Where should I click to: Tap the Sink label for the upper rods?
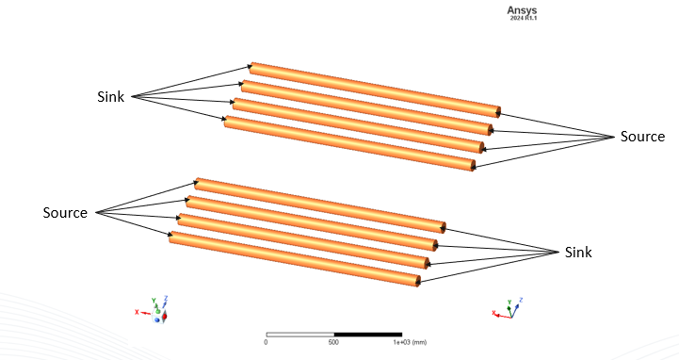(x=115, y=96)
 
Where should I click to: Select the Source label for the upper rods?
(x=641, y=137)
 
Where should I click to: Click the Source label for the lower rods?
(x=65, y=213)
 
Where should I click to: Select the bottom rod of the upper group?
(x=348, y=143)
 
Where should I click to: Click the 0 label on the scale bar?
(x=267, y=342)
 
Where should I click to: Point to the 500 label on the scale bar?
(x=333, y=342)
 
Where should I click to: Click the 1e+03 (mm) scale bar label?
(x=403, y=342)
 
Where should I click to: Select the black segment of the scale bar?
(x=368, y=334)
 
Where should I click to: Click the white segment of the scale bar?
(x=300, y=334)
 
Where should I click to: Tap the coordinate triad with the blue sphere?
(x=158, y=311)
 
